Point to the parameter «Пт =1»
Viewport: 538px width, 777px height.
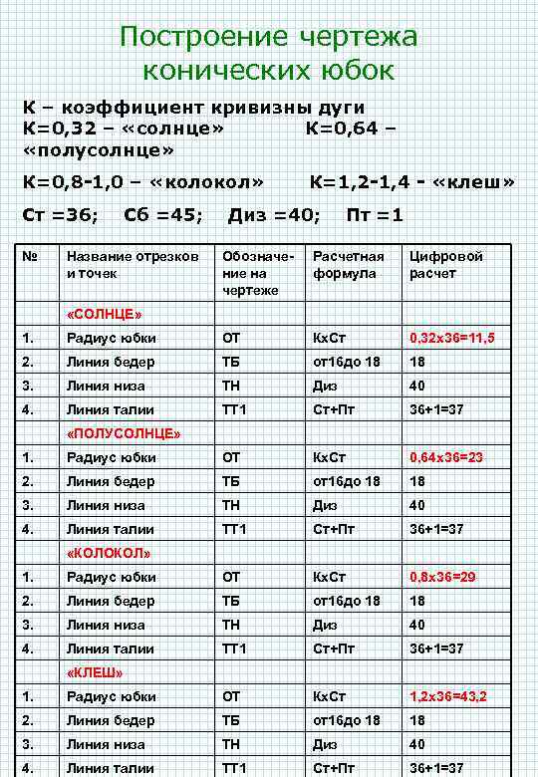[375, 215]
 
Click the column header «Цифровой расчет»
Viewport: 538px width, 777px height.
[446, 264]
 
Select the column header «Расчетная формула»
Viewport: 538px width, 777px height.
[348, 264]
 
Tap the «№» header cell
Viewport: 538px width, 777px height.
[31, 256]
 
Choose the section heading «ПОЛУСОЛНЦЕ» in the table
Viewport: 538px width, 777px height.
[123, 434]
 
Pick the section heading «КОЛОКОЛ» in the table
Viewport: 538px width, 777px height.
[109, 553]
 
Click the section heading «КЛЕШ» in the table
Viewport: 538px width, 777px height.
[95, 672]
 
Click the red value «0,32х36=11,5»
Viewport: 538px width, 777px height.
[452, 339]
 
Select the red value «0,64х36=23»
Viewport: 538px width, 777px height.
[446, 458]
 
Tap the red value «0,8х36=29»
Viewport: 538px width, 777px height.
[442, 578]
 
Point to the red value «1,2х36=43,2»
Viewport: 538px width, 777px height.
[449, 697]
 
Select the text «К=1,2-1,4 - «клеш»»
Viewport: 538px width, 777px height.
[411, 182]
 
